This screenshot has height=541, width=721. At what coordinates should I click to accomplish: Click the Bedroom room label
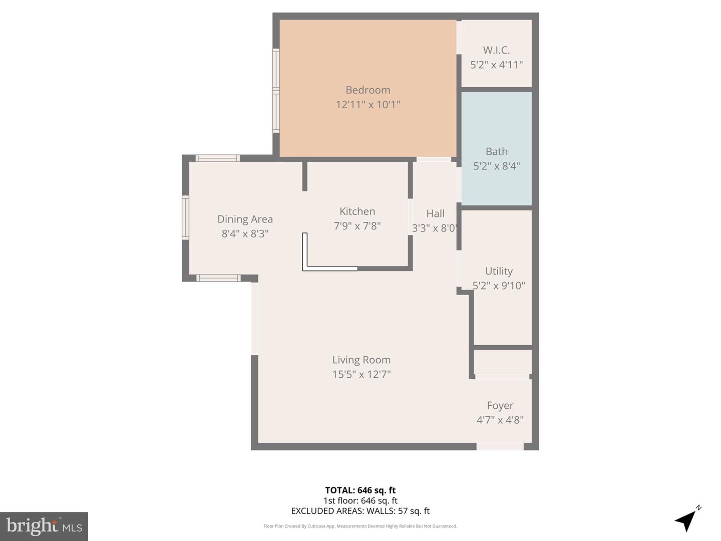368,90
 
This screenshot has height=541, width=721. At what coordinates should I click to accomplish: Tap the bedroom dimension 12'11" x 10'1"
368,105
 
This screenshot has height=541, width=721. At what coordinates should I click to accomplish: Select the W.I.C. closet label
496,50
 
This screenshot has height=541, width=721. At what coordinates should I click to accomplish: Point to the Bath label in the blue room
496,151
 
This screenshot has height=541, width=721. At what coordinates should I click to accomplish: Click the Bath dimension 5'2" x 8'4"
496,166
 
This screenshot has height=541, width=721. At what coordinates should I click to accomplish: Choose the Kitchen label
357,211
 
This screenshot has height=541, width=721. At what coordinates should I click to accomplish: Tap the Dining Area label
245,219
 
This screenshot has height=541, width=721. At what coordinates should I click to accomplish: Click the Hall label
435,213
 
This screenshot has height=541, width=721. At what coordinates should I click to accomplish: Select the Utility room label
499,271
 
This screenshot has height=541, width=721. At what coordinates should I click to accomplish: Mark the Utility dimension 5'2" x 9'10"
499,286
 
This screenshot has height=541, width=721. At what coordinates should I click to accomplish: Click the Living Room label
361,360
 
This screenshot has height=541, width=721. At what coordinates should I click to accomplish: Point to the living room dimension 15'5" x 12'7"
361,374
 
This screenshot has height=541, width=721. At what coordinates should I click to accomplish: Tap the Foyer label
500,406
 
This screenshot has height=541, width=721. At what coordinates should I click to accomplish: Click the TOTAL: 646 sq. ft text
360,490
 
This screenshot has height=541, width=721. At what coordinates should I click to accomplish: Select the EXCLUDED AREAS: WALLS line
360,511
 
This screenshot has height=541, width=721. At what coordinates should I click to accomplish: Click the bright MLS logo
44,526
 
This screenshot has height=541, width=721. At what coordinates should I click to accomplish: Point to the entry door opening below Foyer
500,446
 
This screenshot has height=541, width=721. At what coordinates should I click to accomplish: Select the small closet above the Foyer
502,362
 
